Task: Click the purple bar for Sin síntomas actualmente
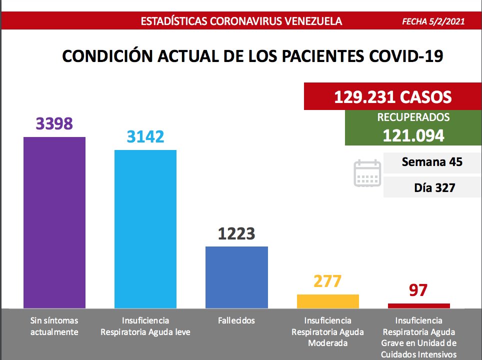pyautogui.click(x=54, y=222)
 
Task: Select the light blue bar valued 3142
pyautogui.click(x=145, y=229)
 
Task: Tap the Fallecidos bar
pyautogui.click(x=236, y=277)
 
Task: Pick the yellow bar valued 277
pyautogui.click(x=327, y=301)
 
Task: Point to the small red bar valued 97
pyautogui.click(x=418, y=305)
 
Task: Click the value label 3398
pyautogui.click(x=54, y=123)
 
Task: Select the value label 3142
pyautogui.click(x=145, y=136)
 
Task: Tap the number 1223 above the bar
pyautogui.click(x=236, y=233)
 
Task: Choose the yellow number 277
pyautogui.click(x=327, y=281)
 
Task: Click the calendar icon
pyautogui.click(x=367, y=173)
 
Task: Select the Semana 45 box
pyautogui.click(x=432, y=162)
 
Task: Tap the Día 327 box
pyautogui.click(x=432, y=188)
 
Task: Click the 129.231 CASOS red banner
pyautogui.click(x=392, y=96)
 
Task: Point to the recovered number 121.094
pyautogui.click(x=413, y=134)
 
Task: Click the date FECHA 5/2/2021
pyautogui.click(x=433, y=21)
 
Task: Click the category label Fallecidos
pyautogui.click(x=236, y=320)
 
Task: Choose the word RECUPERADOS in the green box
pyautogui.click(x=413, y=118)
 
